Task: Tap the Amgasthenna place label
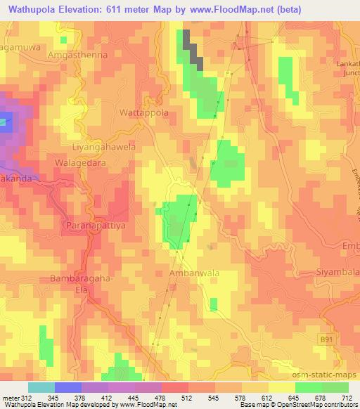77,53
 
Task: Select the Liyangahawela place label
103,148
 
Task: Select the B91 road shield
323,338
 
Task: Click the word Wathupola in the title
33,8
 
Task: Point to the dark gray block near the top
193,49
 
